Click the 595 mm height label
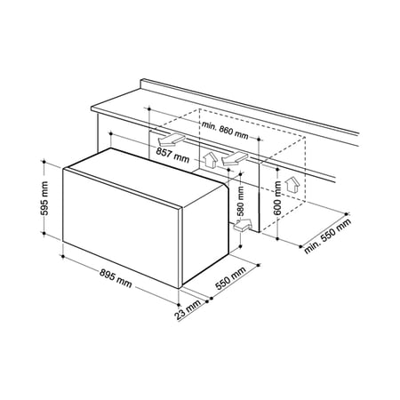pyautogui.click(x=44, y=197)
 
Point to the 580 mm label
pyautogui.click(x=240, y=200)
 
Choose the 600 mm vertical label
pyautogui.click(x=277, y=197)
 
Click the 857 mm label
pyautogui.click(x=172, y=155)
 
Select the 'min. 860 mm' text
pyautogui.click(x=225, y=131)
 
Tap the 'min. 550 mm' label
pyautogui.click(x=327, y=236)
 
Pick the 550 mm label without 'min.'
pyautogui.click(x=230, y=278)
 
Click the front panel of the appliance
pyautogui.click(x=122, y=228)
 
